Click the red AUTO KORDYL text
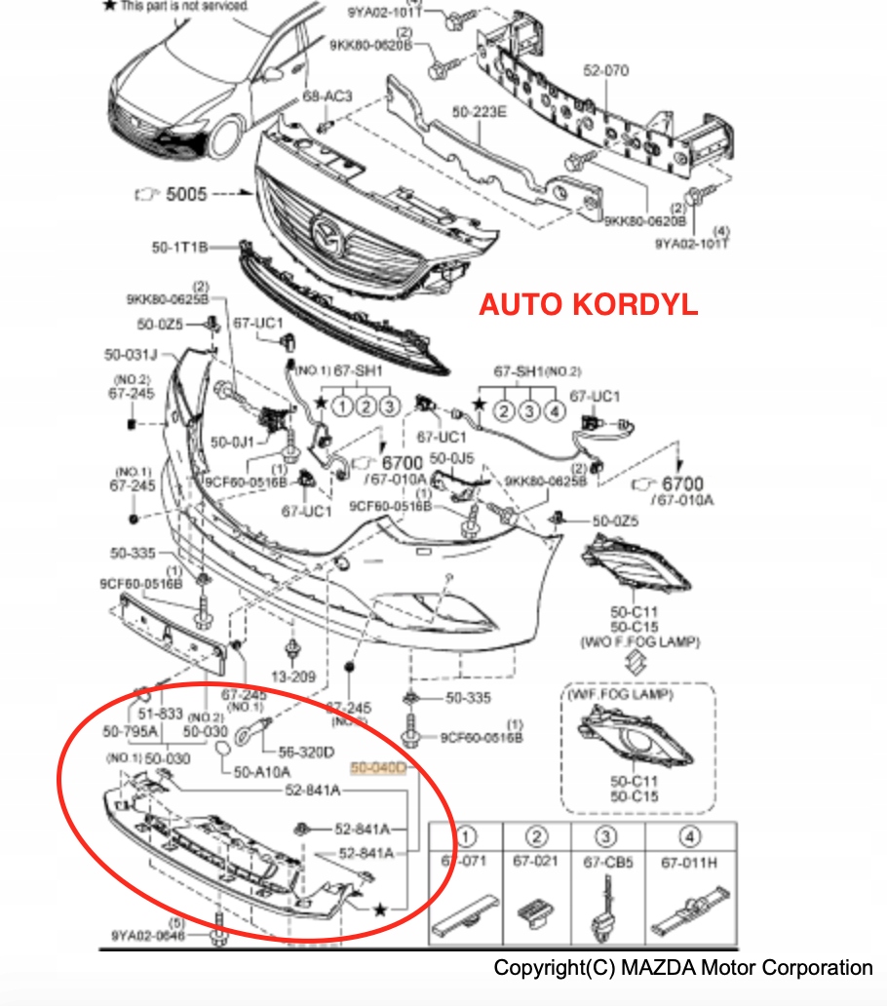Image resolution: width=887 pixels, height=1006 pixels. tap(588, 304)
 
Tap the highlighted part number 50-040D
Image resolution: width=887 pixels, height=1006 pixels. tap(379, 768)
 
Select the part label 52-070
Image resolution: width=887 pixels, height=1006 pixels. tap(606, 70)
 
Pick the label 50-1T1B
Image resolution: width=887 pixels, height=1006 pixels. tap(179, 248)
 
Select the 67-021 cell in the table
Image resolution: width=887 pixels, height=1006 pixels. tap(537, 862)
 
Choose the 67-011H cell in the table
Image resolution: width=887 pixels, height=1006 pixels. tap(688, 862)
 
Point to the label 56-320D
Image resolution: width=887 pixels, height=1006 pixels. tap(306, 752)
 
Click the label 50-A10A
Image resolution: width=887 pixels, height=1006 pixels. tap(262, 771)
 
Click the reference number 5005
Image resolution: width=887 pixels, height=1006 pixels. tap(186, 194)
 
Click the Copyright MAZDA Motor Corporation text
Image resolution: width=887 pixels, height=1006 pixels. tap(682, 968)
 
